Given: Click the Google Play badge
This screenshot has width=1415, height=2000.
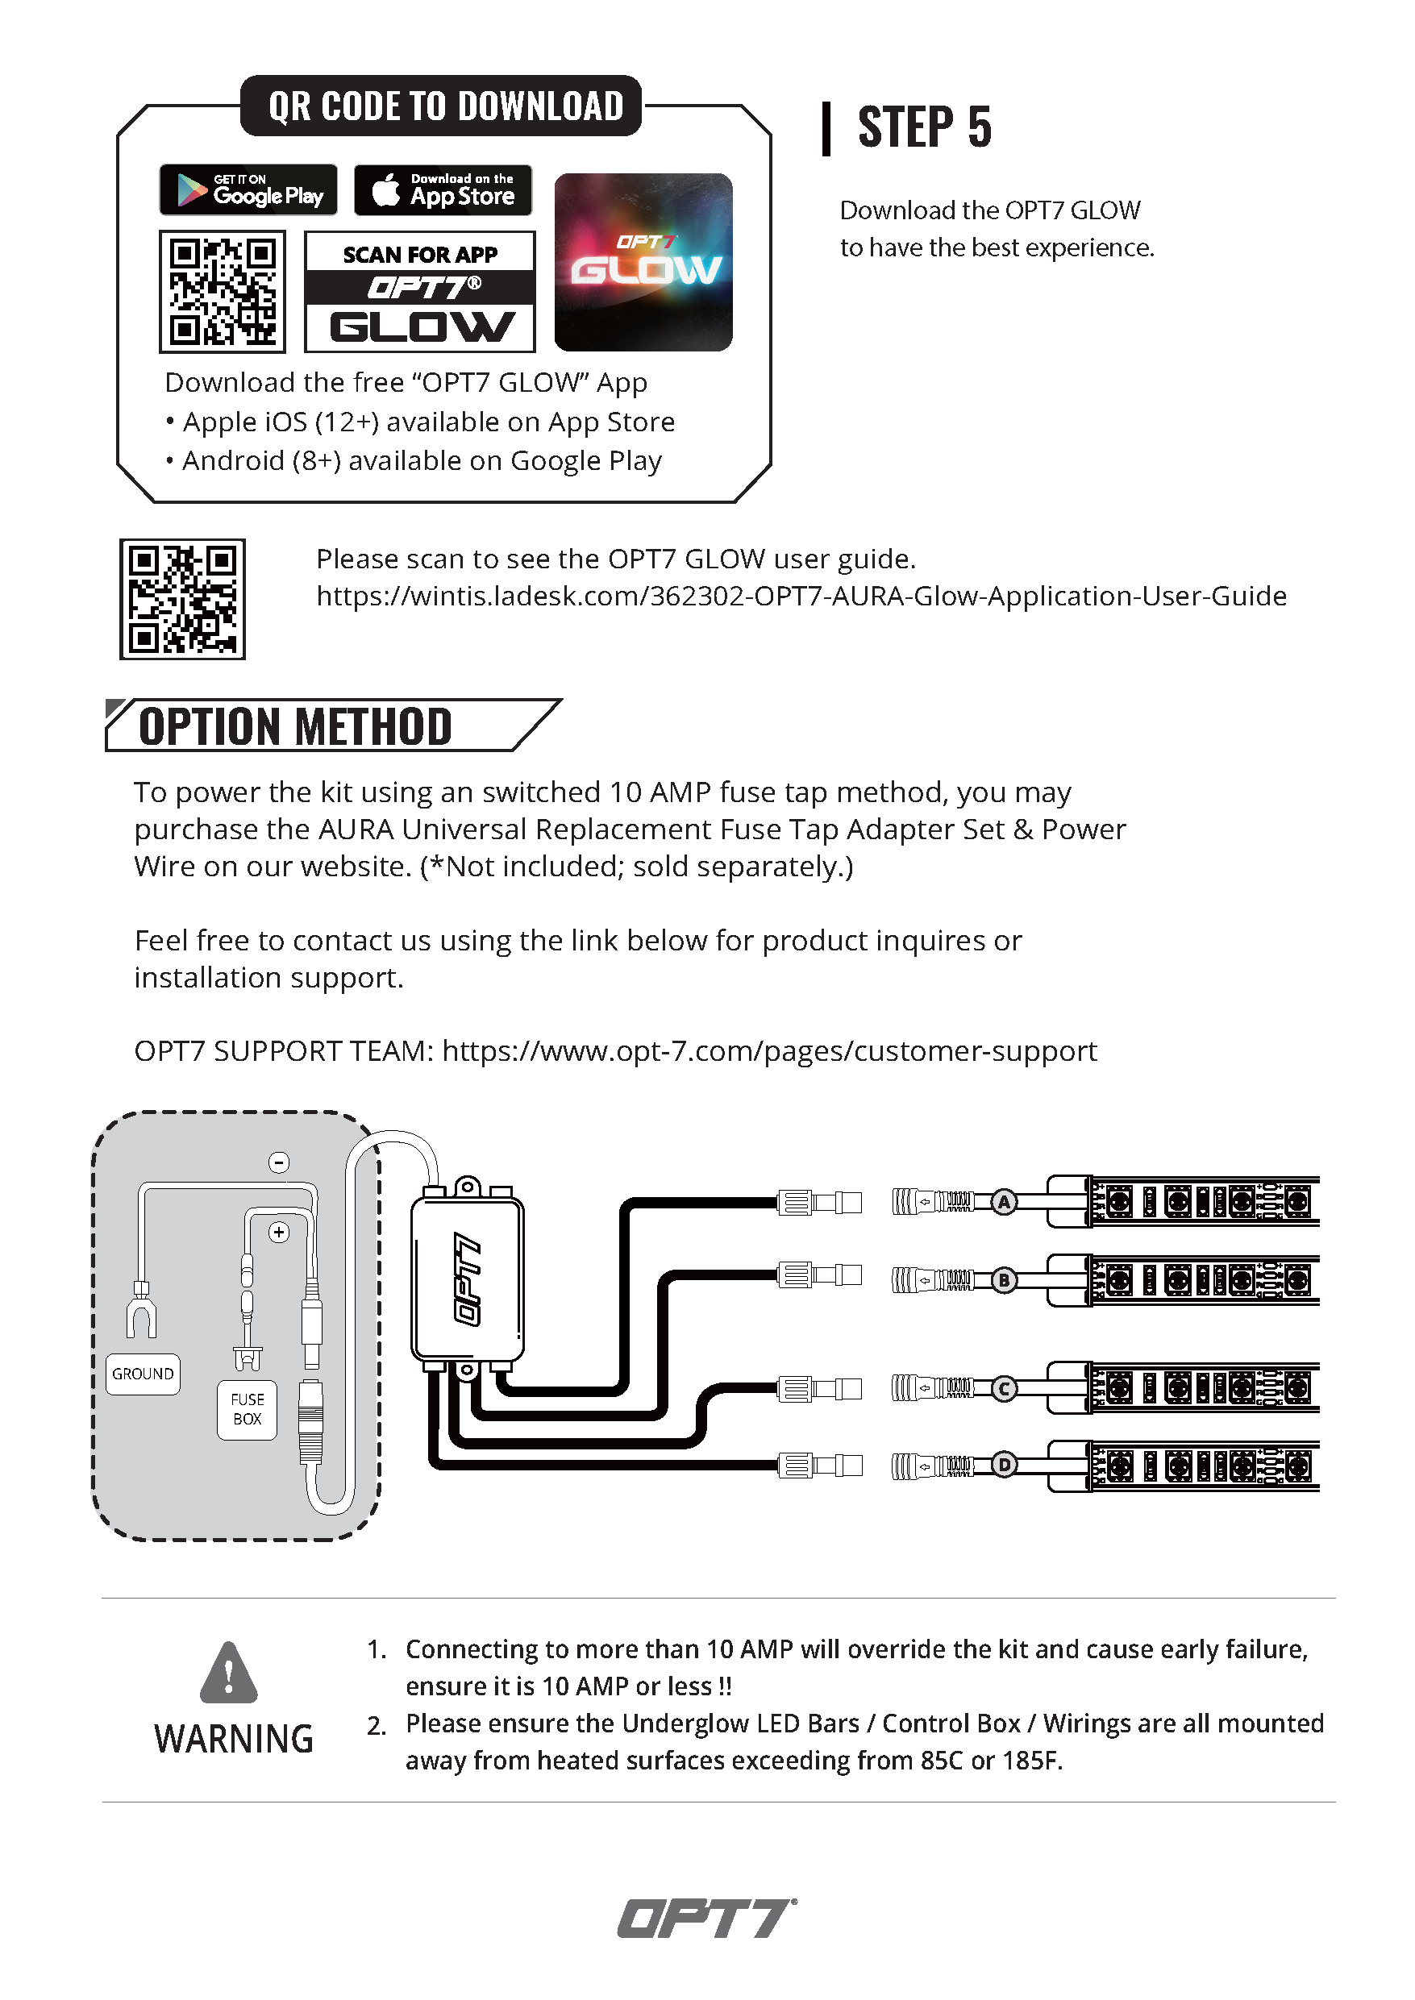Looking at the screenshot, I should [x=248, y=190].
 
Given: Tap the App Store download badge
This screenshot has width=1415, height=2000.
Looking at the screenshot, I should [x=443, y=190].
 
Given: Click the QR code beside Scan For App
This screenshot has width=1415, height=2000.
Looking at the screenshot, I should [x=223, y=292].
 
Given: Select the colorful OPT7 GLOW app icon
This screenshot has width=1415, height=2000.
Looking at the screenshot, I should [x=643, y=262].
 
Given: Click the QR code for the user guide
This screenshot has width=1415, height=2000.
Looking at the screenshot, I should [x=182, y=599].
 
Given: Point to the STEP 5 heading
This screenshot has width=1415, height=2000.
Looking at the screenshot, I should [x=924, y=127].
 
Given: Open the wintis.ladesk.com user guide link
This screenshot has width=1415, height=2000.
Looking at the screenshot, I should [x=801, y=597].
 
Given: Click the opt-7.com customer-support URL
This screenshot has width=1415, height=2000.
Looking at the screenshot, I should [x=769, y=1051].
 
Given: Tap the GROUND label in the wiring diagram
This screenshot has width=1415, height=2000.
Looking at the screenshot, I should [x=143, y=1374].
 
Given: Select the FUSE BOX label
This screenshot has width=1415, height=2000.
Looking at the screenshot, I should [x=248, y=1408].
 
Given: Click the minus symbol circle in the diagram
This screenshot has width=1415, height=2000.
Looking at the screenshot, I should [x=279, y=1162].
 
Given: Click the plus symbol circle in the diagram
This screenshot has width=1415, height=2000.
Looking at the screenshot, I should [x=279, y=1232].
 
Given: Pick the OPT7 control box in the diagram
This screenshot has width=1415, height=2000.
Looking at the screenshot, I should [x=467, y=1279].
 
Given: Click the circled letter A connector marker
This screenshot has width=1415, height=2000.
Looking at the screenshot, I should [x=1005, y=1202].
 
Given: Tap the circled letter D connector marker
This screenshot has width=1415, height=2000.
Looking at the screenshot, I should [x=1005, y=1466].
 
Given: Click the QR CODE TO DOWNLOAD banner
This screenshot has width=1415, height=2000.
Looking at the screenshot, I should [x=442, y=106].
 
